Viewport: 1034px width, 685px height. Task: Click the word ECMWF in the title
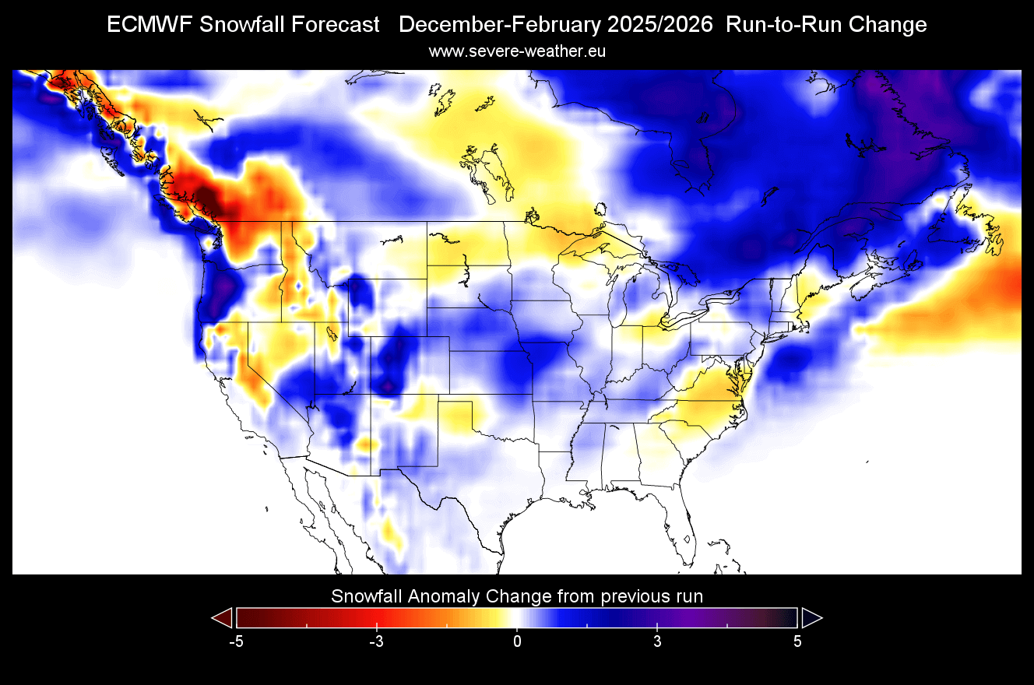pos(149,25)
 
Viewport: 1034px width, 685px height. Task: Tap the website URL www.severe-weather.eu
pos(517,51)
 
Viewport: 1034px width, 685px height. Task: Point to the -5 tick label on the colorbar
pos(236,642)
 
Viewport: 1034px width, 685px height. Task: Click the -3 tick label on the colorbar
pos(376,642)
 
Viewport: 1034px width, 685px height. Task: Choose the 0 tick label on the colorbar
pos(517,642)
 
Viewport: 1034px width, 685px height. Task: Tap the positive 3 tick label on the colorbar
pos(657,642)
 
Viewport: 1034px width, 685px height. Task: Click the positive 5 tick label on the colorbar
pos(797,642)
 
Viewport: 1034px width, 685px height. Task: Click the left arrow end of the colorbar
pos(223,618)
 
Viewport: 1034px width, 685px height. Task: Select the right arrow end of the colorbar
pos(811,618)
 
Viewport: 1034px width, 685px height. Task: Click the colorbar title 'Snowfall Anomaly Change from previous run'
pos(517,597)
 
